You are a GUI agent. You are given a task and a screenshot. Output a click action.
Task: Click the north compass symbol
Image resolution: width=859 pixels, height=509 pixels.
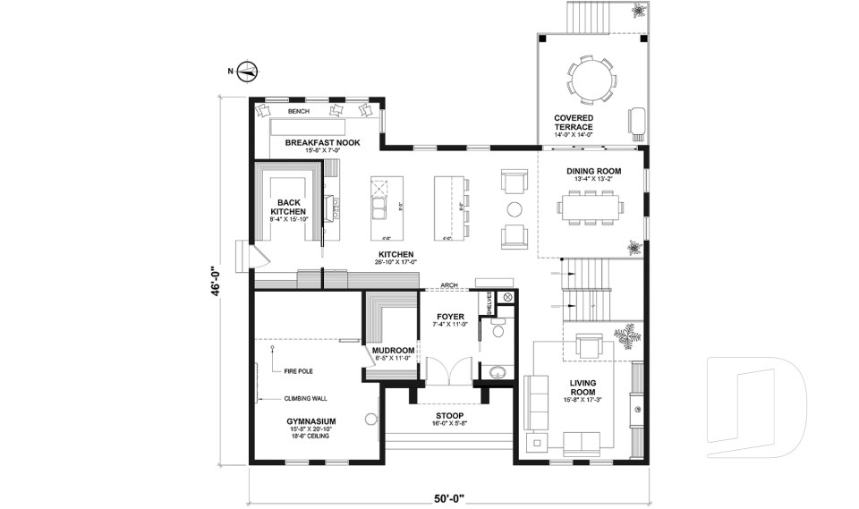(248, 71)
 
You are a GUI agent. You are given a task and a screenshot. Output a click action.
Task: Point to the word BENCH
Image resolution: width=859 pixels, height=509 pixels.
(298, 111)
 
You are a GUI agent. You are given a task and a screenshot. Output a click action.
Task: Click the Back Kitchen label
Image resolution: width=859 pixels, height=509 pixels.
(288, 208)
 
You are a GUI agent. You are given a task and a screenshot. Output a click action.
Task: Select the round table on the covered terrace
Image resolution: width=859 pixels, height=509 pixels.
(591, 78)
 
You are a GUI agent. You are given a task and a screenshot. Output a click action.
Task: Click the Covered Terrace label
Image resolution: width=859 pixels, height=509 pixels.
(573, 123)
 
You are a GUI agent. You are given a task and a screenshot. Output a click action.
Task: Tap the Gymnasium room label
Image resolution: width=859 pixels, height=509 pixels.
(310, 420)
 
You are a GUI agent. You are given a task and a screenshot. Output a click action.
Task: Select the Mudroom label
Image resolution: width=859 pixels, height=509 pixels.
(391, 350)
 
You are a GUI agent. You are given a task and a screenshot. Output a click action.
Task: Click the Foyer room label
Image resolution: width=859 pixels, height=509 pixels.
(450, 317)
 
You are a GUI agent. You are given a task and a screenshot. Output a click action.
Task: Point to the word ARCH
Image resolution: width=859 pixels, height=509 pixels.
(449, 286)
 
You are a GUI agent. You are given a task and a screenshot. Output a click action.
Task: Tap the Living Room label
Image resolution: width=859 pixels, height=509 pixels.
(583, 386)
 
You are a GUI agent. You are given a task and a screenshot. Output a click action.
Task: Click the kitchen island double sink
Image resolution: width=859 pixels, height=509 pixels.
(381, 210)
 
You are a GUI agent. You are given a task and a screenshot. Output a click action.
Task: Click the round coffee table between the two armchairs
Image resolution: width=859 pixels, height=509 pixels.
(515, 209)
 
